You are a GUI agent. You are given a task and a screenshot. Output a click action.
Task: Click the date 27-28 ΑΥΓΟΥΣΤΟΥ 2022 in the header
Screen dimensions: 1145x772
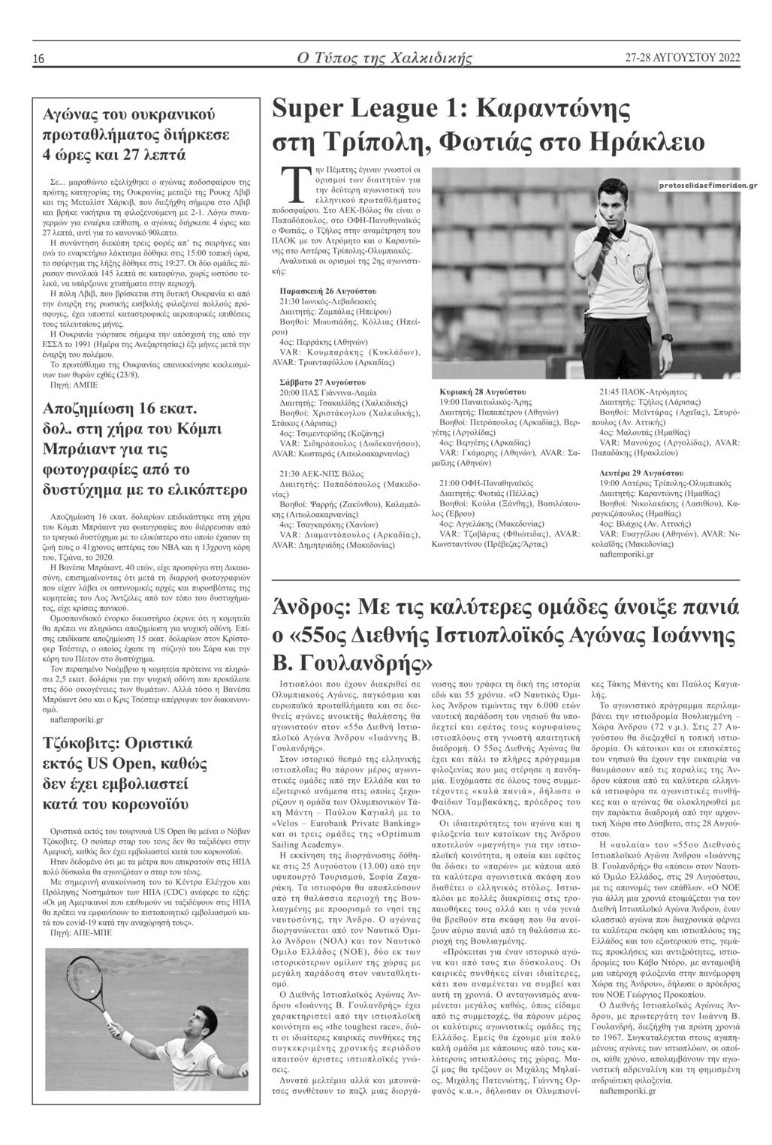click(682, 58)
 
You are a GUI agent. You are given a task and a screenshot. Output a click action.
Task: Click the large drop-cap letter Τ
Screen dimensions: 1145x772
click(290, 184)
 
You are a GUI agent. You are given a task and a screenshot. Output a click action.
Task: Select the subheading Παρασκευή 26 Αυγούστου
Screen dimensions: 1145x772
click(327, 290)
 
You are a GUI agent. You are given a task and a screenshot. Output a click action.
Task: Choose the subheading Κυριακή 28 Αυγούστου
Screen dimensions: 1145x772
click(482, 392)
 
